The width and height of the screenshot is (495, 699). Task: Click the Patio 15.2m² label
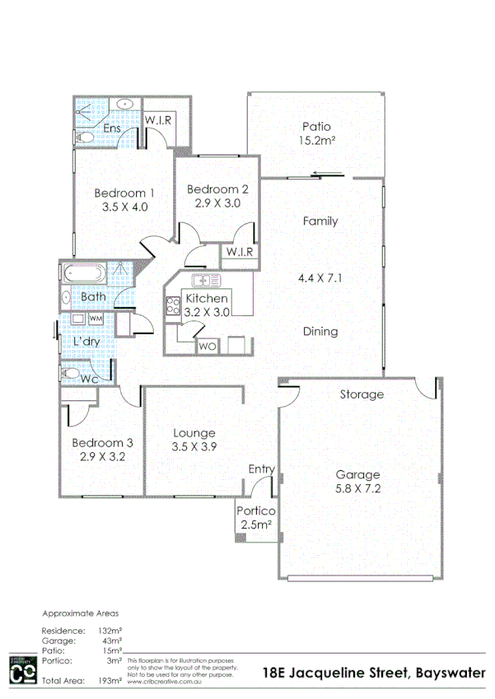[x=315, y=133]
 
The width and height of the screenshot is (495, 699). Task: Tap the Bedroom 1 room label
[x=124, y=193]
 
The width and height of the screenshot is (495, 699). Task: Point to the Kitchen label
[x=207, y=298]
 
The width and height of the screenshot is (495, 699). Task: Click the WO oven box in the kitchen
[x=207, y=347]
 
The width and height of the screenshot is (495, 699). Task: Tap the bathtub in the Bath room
[x=83, y=273]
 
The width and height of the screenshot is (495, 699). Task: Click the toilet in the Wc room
[x=71, y=375]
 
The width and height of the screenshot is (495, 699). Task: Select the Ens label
[x=111, y=129]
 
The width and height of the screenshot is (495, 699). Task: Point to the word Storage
[x=362, y=394]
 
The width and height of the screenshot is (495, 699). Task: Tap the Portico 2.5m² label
[x=257, y=518]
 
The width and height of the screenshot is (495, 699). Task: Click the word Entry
[x=262, y=469]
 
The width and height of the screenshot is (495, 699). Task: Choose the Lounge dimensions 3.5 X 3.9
[x=194, y=448]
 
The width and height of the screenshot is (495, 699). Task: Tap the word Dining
[x=320, y=332]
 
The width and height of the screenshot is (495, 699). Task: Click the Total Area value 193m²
[x=110, y=681]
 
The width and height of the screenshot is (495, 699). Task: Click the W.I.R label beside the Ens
[x=158, y=120]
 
